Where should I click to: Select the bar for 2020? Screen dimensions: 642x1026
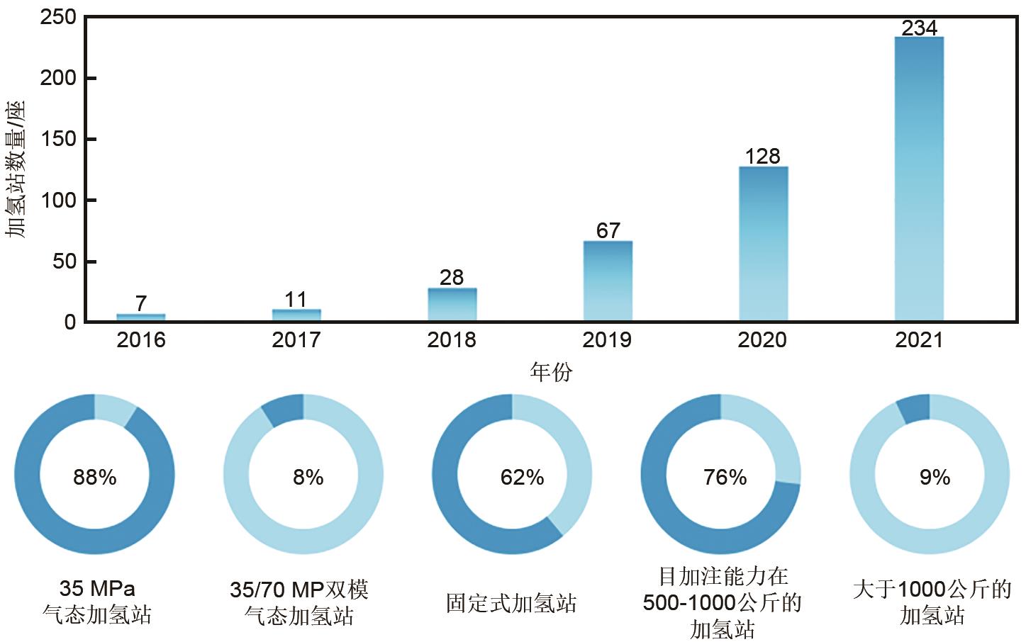coord(763,244)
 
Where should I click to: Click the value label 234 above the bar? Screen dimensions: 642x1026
coord(920,28)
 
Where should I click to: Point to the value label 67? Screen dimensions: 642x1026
coord(608,231)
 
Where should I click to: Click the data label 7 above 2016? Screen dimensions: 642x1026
coord(141,304)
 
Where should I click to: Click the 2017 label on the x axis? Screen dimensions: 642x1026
coord(296,340)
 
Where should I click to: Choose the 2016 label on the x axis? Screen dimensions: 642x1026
coord(141,340)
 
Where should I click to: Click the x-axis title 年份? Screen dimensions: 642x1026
coord(551,371)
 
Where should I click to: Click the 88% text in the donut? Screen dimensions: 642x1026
coord(94,477)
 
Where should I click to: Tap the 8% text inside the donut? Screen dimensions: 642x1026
coord(308,477)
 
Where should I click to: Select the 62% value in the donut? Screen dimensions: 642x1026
coord(522,477)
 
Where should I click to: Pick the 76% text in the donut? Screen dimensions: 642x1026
coord(725,477)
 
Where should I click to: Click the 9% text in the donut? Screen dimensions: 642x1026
coord(935,477)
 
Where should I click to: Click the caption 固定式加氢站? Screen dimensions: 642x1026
coord(511,603)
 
